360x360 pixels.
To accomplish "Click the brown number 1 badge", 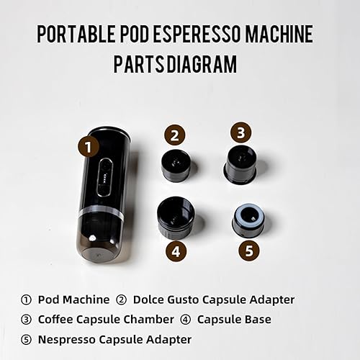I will pos(88,147).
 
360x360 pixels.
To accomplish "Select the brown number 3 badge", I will pos(241,132).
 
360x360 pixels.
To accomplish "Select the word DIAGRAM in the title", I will pos(203,65).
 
